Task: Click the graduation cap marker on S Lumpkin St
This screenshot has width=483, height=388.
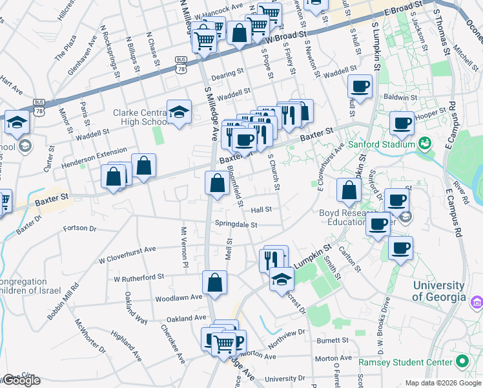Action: [281, 278]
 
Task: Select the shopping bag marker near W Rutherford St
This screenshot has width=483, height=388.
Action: [214, 282]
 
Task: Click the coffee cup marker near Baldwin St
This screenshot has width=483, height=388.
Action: [360, 86]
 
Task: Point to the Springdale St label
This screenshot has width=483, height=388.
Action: [236, 225]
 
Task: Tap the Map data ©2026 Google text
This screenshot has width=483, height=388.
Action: [443, 383]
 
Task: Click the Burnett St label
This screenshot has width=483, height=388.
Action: [333, 339]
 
